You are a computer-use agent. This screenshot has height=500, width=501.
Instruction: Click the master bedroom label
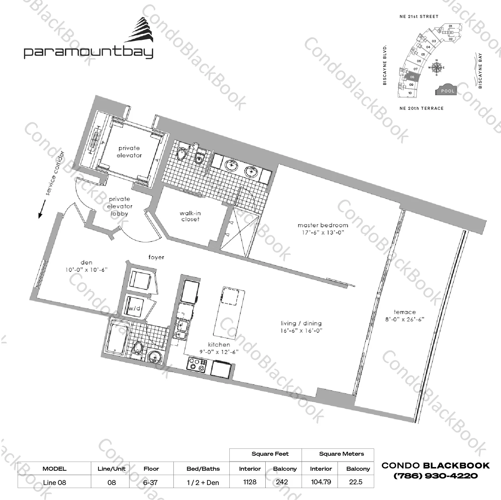pyautogui.click(x=323, y=225)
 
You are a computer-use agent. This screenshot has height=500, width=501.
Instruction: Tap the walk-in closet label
pyautogui.click(x=190, y=216)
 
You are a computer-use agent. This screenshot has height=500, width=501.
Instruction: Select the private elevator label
pyautogui.click(x=129, y=152)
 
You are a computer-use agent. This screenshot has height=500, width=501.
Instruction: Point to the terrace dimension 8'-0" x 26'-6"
pyautogui.click(x=404, y=320)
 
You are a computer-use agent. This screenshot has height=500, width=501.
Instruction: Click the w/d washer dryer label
pyautogui.click(x=134, y=308)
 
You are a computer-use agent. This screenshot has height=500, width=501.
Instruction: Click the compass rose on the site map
pyautogui.click(x=436, y=68)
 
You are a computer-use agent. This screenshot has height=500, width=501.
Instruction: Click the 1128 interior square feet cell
pyautogui.click(x=250, y=482)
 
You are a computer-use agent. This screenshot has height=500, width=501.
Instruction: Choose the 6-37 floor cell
pyautogui.click(x=151, y=482)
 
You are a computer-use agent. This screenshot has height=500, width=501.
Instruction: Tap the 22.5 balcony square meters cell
pyautogui.click(x=356, y=482)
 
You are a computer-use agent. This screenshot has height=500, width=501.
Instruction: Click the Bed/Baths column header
pyautogui.click(x=203, y=469)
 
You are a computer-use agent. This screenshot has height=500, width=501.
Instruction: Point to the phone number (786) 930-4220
pyautogui.click(x=435, y=476)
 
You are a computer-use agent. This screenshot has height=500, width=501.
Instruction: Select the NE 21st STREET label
pyautogui.click(x=419, y=16)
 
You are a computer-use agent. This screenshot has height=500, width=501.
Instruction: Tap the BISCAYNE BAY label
pyautogui.click(x=480, y=71)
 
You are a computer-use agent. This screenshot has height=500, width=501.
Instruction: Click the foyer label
pyautogui.click(x=156, y=257)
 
